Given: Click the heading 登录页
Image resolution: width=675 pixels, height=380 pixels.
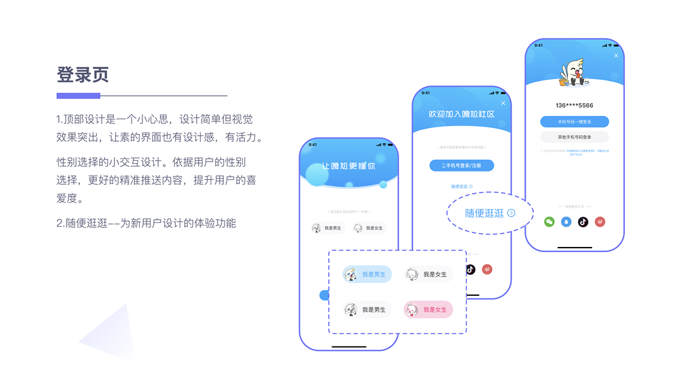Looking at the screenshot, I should (x=83, y=75).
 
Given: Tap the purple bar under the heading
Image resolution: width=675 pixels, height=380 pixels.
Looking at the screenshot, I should (x=78, y=96).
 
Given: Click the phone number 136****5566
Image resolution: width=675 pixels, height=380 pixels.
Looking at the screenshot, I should (x=574, y=105).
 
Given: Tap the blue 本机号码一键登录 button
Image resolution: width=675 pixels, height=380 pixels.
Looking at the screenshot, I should (x=574, y=122).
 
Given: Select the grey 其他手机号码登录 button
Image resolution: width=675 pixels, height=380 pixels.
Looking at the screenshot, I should (x=574, y=137).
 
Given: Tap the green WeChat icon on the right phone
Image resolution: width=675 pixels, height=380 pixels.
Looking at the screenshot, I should (x=549, y=222).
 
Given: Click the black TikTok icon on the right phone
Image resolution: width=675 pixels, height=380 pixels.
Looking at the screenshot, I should (x=583, y=222).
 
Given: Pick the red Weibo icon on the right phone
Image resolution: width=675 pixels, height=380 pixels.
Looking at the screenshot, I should (x=600, y=222).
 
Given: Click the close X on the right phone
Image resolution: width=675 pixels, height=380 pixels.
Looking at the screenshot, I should (x=616, y=56).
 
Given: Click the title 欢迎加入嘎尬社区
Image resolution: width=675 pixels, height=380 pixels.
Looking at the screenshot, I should (x=462, y=114).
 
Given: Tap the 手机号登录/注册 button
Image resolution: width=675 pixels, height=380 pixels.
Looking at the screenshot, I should (x=462, y=165).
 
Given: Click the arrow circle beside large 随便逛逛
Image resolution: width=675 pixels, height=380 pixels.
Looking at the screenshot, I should (x=511, y=213).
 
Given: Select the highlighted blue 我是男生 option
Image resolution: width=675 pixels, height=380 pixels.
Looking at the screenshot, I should (x=368, y=274).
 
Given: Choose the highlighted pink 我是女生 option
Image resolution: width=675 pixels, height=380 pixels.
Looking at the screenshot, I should (x=429, y=310).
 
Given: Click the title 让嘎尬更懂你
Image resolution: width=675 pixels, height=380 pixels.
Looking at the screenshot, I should (x=349, y=166).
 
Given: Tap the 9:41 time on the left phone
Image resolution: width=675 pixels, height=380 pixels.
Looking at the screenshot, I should (x=313, y=144).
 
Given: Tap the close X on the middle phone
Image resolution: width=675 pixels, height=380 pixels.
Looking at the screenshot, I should (x=504, y=103).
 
